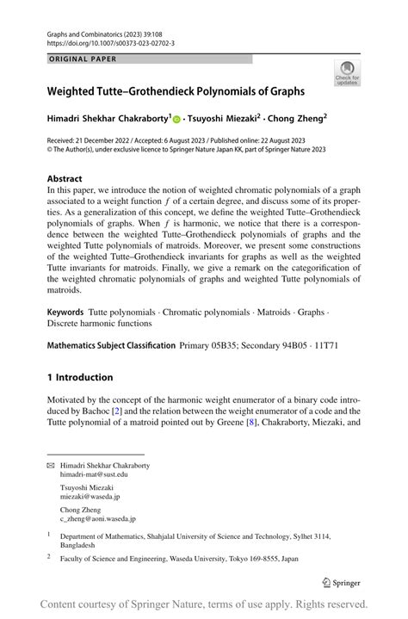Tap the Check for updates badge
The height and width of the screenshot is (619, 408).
(348, 74)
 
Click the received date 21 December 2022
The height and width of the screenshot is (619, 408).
(108, 139)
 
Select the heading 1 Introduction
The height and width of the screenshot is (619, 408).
(79, 377)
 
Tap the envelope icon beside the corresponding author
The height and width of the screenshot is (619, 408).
(50, 466)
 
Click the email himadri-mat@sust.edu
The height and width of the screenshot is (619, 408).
(94, 474)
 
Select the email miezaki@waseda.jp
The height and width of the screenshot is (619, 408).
(90, 497)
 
